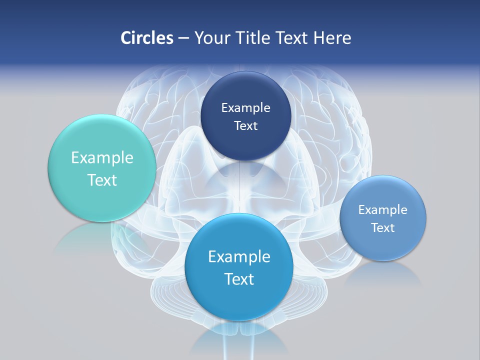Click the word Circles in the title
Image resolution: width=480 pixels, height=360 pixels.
click(x=146, y=38)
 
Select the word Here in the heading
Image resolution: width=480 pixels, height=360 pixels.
click(x=332, y=38)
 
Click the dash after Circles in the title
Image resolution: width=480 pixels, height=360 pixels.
click(x=183, y=38)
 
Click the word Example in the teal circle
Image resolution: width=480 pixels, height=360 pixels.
click(x=102, y=158)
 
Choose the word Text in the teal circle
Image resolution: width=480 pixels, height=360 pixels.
click(x=102, y=180)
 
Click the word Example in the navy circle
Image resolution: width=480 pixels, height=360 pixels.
click(x=245, y=107)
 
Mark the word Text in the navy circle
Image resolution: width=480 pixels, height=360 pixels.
click(x=245, y=125)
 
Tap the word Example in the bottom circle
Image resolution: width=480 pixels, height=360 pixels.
click(x=239, y=257)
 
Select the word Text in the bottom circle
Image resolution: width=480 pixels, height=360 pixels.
click(x=239, y=279)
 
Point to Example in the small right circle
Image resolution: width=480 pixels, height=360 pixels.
click(x=383, y=209)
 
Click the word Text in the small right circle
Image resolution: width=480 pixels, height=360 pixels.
click(x=383, y=227)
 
